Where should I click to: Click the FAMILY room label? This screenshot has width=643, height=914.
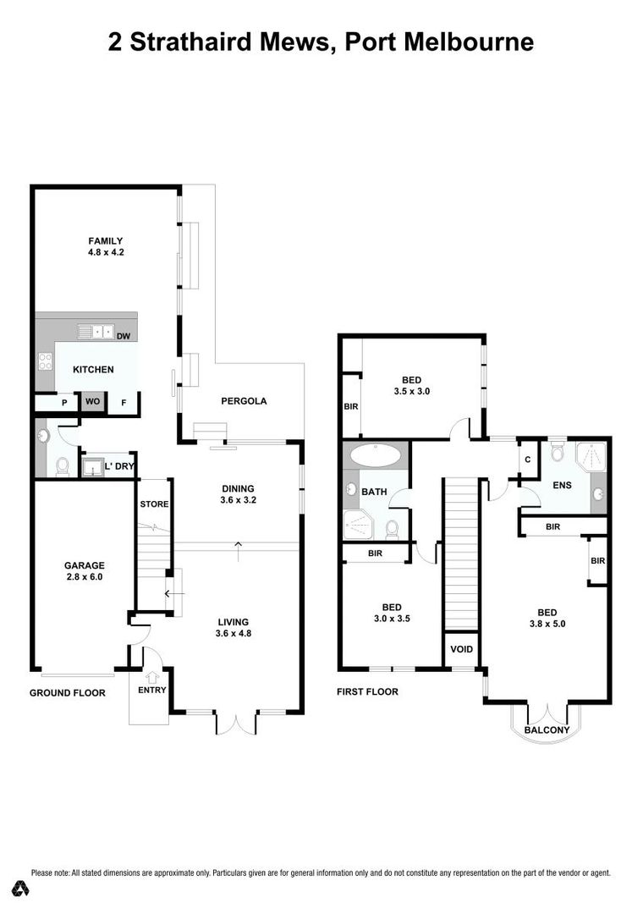click(107, 240)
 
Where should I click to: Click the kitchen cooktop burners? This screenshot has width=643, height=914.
click(45, 361)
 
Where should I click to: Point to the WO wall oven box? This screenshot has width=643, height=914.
click(91, 402)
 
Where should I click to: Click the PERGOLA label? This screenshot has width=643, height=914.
click(244, 401)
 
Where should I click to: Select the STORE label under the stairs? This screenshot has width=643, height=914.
click(154, 504)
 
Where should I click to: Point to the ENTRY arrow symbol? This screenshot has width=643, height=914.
click(152, 676)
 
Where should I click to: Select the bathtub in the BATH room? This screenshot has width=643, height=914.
click(376, 455)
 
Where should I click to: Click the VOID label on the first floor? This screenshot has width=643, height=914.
click(461, 650)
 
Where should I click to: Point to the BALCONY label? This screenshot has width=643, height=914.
click(547, 730)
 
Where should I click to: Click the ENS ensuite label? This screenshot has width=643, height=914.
click(563, 485)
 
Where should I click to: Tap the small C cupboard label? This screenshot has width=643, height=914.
click(527, 460)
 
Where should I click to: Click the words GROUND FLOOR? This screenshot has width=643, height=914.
click(68, 692)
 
